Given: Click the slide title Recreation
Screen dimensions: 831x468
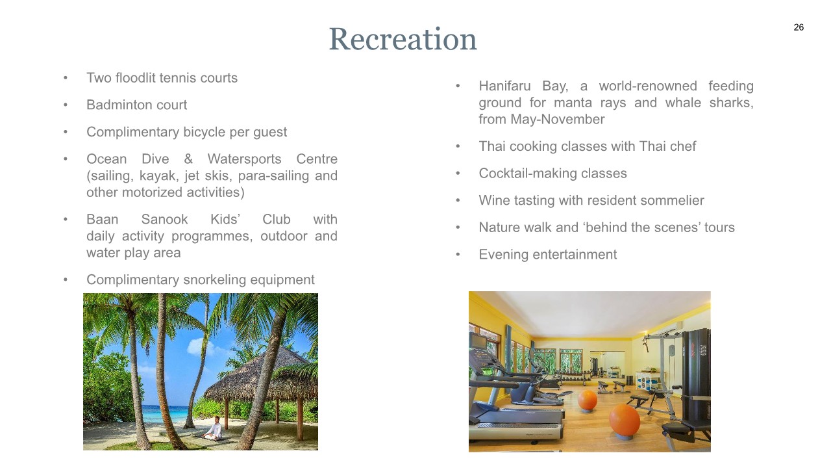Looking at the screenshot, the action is click(403, 39).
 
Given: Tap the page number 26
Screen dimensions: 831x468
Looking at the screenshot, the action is click(799, 27).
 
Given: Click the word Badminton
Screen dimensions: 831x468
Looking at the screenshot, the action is click(119, 105).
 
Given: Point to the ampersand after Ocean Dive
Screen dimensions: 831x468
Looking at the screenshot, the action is click(188, 159).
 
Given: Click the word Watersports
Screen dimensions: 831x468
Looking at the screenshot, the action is click(244, 159).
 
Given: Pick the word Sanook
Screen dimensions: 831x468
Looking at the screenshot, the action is click(164, 220).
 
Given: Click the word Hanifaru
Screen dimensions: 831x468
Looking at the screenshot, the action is click(504, 86).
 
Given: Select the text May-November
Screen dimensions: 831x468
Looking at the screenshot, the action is click(557, 120).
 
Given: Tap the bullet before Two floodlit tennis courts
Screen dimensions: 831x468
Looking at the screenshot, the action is click(66, 78).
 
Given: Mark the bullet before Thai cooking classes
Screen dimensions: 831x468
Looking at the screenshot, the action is click(458, 146).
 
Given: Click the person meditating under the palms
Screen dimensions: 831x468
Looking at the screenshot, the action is click(215, 428).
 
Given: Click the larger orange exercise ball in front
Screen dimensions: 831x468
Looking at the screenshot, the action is click(625, 421).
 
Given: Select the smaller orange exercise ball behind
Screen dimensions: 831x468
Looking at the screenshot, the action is click(588, 400).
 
